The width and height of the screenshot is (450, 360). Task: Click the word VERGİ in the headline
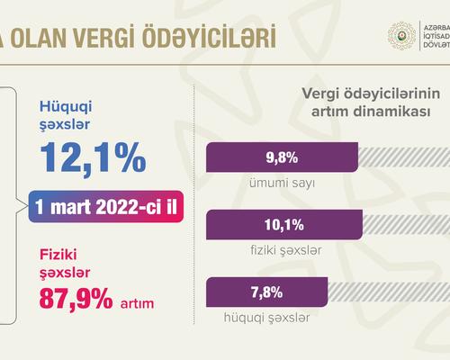click(104, 37)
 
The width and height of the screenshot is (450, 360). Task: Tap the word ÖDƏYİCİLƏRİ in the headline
click(209, 35)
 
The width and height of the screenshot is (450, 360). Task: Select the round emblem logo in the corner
click(401, 36)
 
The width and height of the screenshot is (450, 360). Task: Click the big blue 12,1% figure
click(93, 158)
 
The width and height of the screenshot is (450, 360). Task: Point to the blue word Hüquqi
click(66, 107)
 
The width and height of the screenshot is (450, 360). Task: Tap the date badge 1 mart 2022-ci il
click(106, 206)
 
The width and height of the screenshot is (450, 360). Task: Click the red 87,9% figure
click(76, 298)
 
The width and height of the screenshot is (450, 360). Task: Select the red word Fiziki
click(58, 254)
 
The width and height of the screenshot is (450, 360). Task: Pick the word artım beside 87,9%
click(137, 303)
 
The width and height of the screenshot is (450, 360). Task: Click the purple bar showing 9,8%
click(282, 157)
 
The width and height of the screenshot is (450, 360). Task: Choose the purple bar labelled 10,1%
click(284, 224)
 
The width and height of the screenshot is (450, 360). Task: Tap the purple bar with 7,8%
click(266, 292)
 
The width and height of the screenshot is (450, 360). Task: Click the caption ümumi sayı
click(282, 183)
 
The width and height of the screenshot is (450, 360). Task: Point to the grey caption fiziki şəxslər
click(286, 250)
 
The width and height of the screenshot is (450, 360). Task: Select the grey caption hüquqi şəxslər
click(266, 318)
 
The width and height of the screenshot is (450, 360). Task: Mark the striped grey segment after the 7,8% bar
click(389, 292)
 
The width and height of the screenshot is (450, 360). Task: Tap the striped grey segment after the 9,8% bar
click(404, 157)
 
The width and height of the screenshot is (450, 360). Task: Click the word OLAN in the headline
click(39, 37)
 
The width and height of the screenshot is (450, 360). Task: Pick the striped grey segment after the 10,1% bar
click(406, 224)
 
